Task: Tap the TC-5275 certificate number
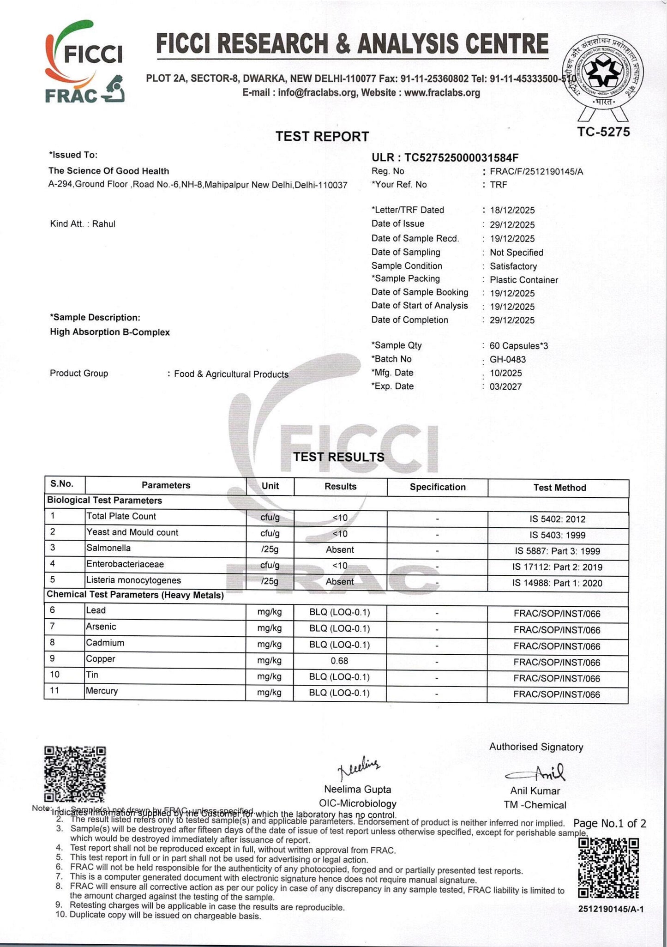click(603, 132)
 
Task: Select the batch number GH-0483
click(508, 359)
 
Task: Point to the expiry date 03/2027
click(505, 386)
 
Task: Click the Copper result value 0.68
click(339, 661)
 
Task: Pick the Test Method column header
click(559, 488)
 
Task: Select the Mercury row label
click(102, 691)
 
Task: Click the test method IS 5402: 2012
click(558, 519)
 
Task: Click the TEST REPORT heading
click(322, 137)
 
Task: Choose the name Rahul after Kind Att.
click(104, 224)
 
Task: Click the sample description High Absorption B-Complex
click(110, 332)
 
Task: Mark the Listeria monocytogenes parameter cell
click(133, 580)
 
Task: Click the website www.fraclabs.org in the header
click(442, 93)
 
